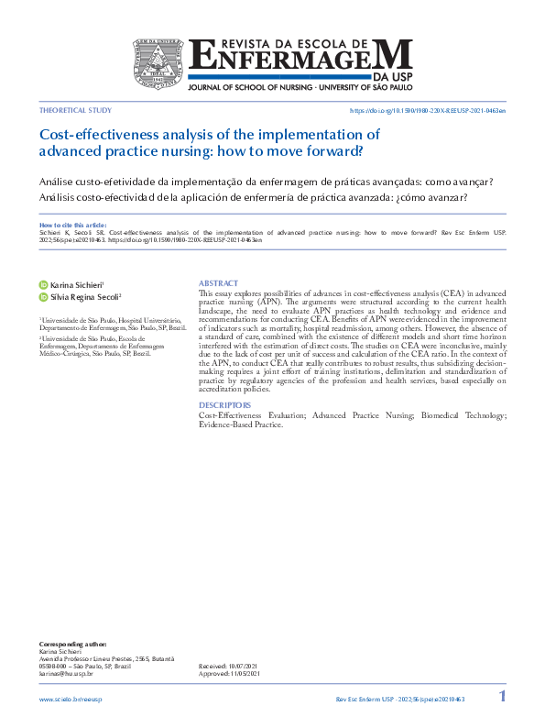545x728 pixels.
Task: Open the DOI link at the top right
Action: [428, 109]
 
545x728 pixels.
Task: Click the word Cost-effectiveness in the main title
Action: [98, 134]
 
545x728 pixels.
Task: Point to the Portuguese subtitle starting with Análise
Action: [267, 181]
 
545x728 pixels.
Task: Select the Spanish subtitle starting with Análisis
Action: [254, 197]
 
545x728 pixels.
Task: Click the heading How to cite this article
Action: [72, 225]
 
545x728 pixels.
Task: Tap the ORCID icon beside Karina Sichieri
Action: [43, 286]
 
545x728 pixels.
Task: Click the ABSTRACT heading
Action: [218, 283]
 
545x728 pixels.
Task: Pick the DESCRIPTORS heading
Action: [224, 404]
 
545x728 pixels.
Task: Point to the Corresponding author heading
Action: [72, 645]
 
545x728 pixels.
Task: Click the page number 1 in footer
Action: [501, 697]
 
